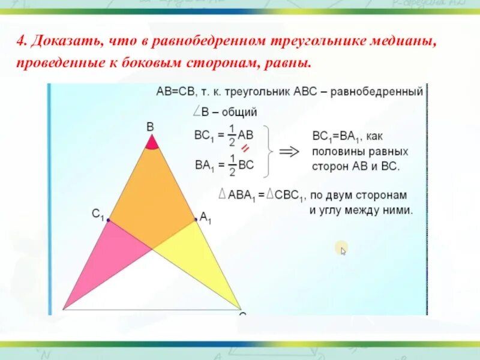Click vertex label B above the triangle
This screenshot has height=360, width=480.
pos(150,127)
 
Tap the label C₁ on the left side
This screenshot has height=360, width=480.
pos(98,214)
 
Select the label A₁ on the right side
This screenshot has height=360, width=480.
pos(206,218)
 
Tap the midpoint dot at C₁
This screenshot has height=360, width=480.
pos(108,221)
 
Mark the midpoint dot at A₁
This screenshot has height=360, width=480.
pos(196,220)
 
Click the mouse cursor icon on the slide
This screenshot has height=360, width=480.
pos(343,250)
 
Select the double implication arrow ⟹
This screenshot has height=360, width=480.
pos(290,152)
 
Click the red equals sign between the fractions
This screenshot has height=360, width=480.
pos(245,149)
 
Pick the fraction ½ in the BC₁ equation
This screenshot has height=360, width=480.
pos(232,135)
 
